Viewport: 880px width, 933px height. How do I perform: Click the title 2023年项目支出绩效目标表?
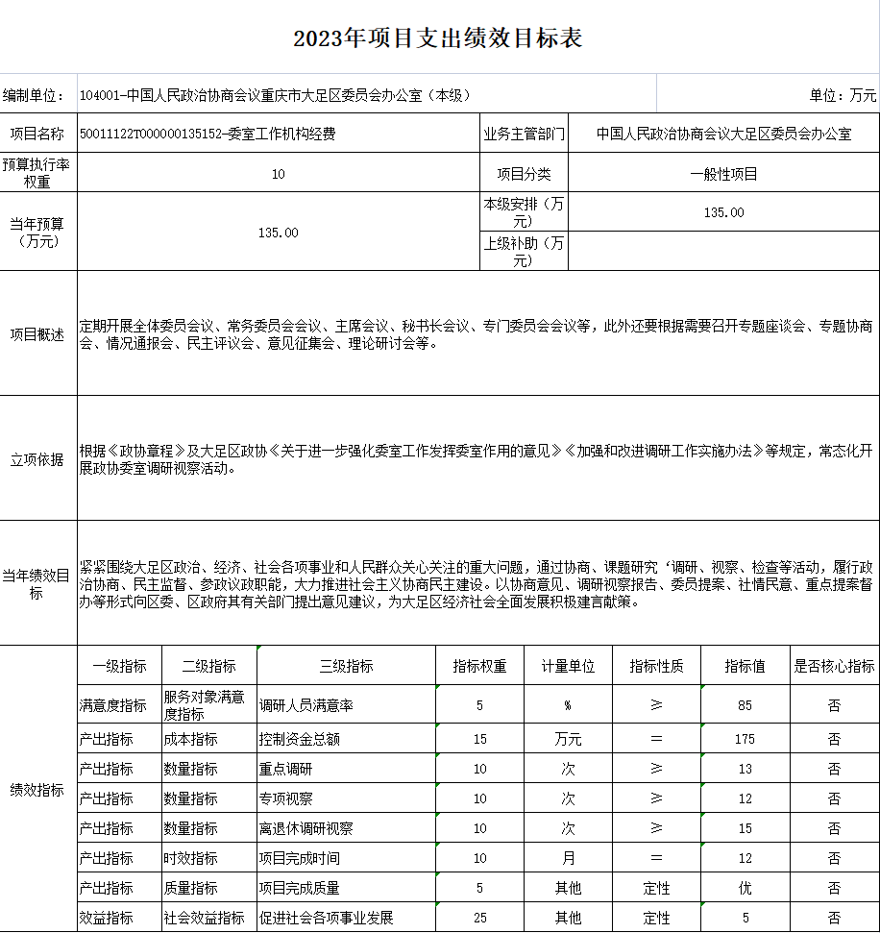coord(438,38)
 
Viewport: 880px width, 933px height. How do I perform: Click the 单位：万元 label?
coord(843,95)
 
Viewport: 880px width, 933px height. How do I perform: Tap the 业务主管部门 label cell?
coord(524,134)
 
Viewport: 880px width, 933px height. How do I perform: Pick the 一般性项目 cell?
coord(723,174)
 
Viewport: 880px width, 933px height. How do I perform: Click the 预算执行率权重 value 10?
coord(279,174)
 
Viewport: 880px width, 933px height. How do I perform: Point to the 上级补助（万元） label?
coord(524,252)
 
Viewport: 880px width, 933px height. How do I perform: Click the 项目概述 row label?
coord(37,334)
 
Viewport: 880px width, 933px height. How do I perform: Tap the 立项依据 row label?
coord(37,459)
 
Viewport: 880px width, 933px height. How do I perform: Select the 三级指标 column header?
coord(346,666)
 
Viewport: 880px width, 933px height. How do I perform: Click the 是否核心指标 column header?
coord(834,666)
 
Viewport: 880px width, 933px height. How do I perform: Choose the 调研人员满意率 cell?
coord(306,705)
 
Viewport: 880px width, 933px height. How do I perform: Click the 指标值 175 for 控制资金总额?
coord(745,739)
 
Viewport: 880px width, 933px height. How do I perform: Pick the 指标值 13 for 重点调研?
coord(745,769)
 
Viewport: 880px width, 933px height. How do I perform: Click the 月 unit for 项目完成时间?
coord(568,858)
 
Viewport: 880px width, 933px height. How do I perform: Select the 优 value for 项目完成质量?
coord(745,888)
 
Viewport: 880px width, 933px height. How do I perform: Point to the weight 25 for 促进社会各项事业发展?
coord(480,918)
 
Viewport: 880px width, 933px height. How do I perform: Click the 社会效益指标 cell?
coord(204,918)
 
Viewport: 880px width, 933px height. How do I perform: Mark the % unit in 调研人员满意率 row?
coord(568,705)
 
